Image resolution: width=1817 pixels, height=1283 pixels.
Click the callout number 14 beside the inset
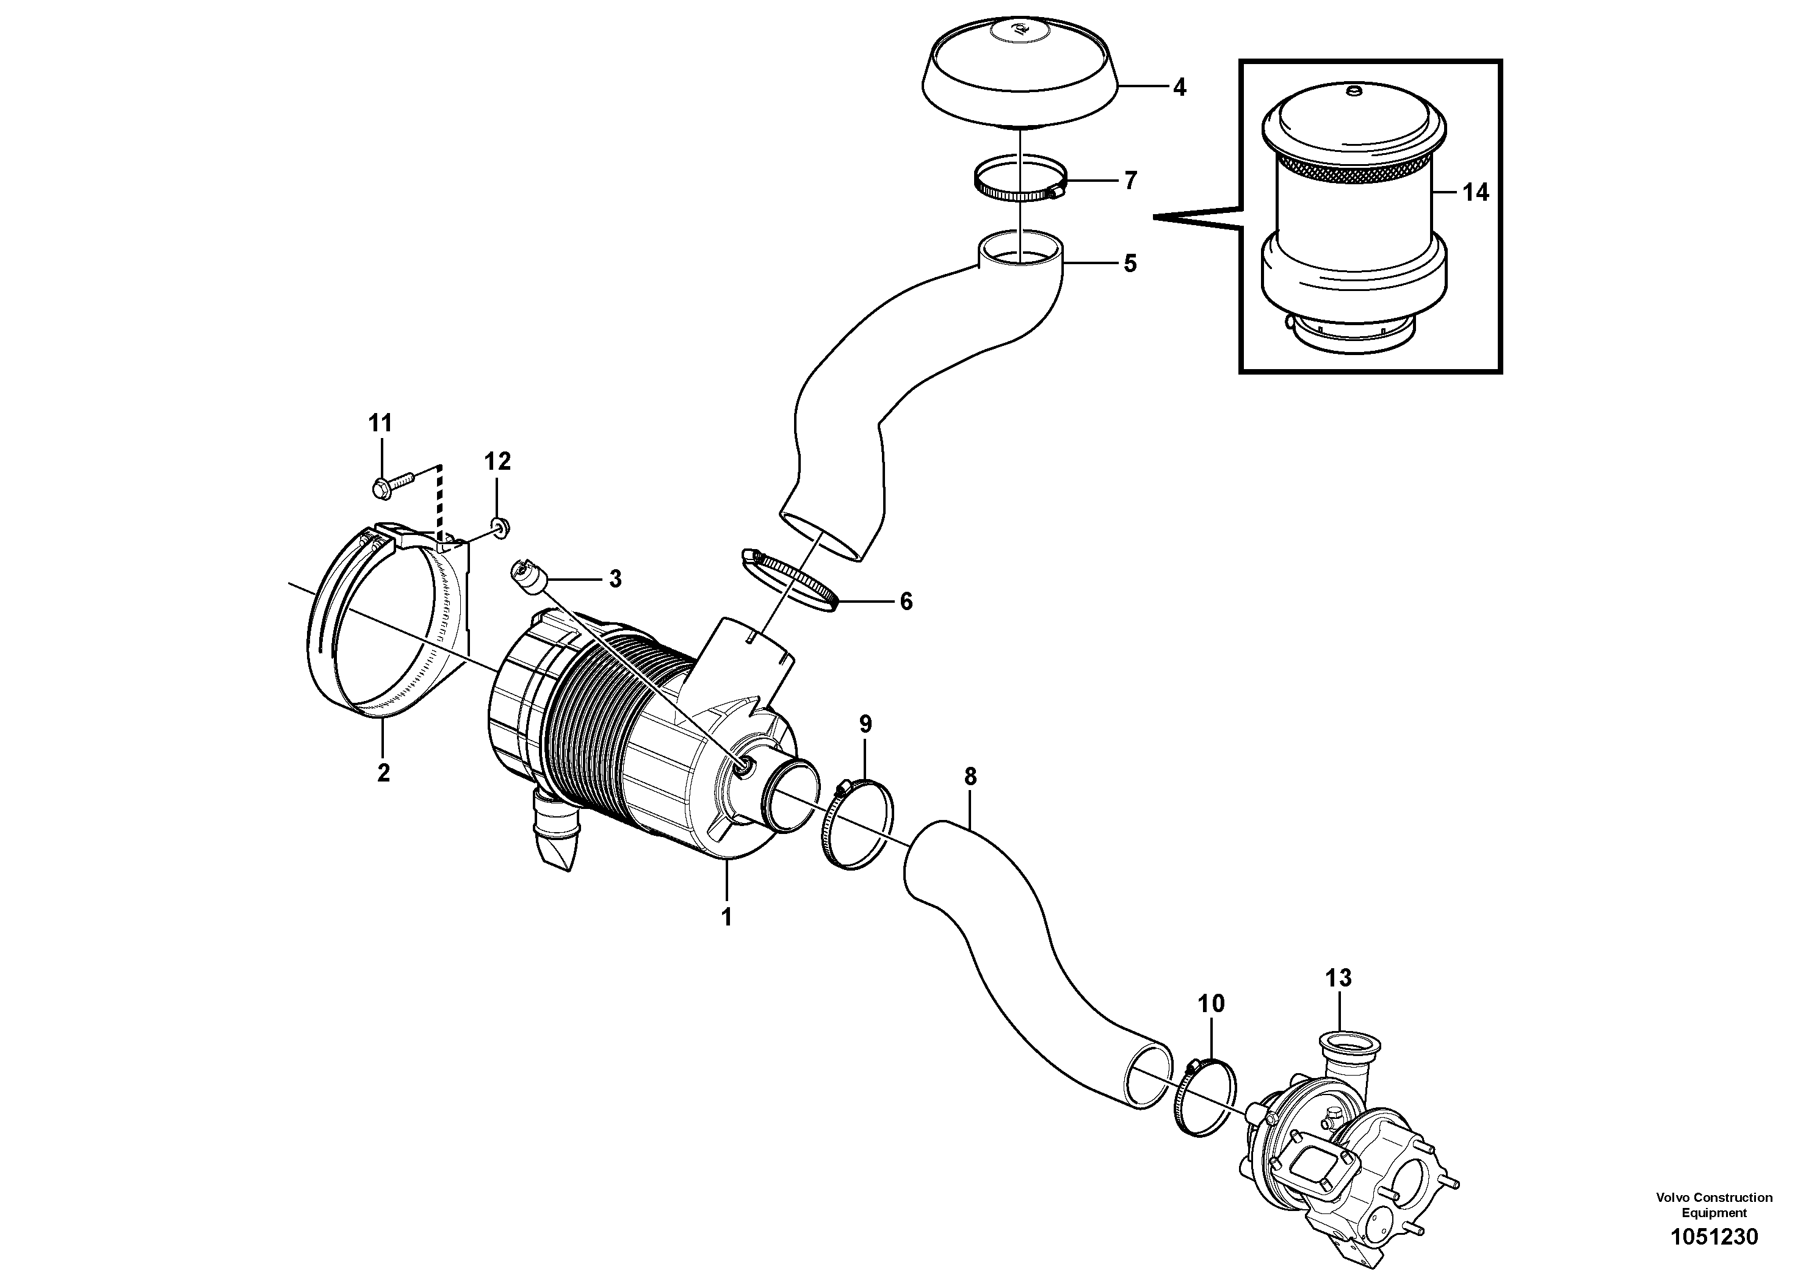point(1475,192)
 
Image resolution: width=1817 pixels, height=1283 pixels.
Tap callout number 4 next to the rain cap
point(1179,87)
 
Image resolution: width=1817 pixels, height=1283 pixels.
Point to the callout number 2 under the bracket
point(383,772)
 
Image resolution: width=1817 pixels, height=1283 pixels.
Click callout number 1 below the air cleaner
point(726,917)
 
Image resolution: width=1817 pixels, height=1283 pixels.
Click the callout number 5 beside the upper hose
point(1129,264)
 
